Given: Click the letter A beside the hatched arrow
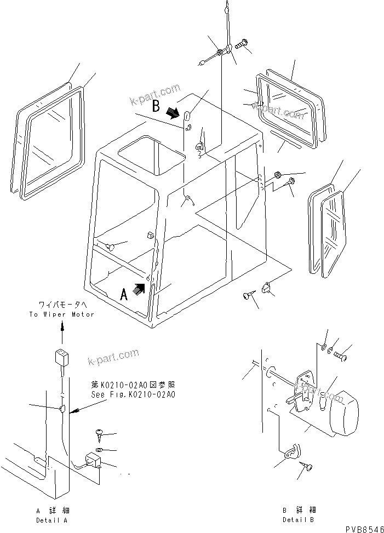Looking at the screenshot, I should tap(124, 295).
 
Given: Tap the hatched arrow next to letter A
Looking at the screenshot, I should tap(139, 288).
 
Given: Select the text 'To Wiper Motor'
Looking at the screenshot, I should tap(62, 314).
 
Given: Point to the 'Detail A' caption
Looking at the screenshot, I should tap(53, 519).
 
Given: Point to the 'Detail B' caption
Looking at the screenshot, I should tap(298, 519).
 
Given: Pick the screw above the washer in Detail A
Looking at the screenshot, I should tap(101, 434).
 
